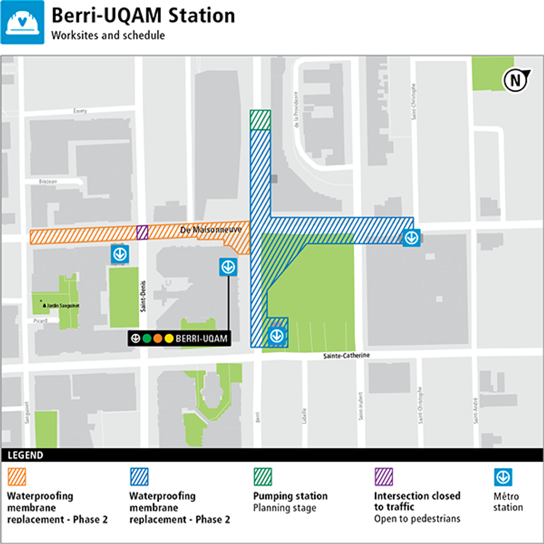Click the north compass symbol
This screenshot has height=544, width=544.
[515, 80]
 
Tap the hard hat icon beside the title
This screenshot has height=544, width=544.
[22, 22]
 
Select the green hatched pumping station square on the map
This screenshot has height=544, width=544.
[260, 119]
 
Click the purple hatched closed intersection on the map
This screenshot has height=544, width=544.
[143, 232]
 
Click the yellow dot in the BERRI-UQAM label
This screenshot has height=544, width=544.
[169, 338]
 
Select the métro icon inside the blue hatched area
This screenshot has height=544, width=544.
[276, 336]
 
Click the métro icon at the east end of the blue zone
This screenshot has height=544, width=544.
[411, 238]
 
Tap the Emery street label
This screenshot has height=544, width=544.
[80, 111]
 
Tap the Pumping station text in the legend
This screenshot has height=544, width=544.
[290, 496]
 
